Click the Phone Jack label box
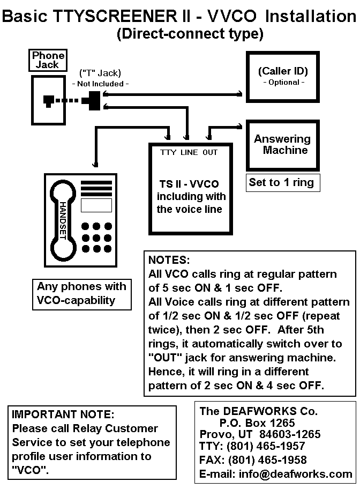click(x=48, y=60)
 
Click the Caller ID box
click(x=282, y=76)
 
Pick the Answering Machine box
click(x=282, y=145)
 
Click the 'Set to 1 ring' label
click(x=281, y=182)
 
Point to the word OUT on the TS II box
click(x=210, y=152)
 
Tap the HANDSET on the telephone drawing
click(x=63, y=220)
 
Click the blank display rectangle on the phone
click(x=96, y=205)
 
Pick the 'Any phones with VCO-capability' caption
click(x=81, y=293)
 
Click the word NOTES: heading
click(x=169, y=260)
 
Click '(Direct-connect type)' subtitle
click(x=190, y=34)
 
